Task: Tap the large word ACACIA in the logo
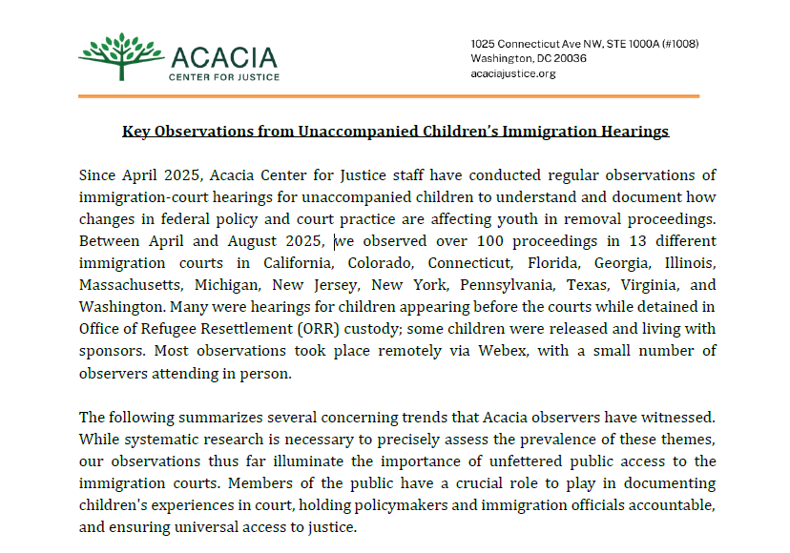[223, 56]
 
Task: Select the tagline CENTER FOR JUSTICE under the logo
[224, 77]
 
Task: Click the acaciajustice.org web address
[513, 74]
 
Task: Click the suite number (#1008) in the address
[676, 44]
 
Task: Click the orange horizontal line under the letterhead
[388, 96]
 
